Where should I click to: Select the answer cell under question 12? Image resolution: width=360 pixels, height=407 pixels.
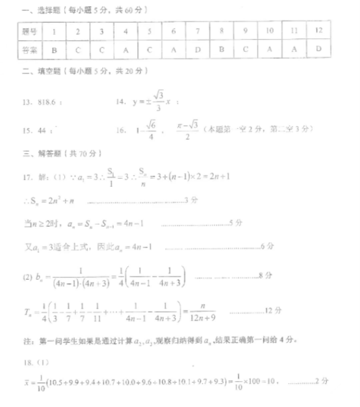click(x=318, y=49)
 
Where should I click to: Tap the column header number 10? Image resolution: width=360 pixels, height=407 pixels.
click(x=269, y=31)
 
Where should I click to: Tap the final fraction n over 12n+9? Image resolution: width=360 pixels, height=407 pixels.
click(x=205, y=310)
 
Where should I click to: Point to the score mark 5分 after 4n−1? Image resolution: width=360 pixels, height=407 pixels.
click(x=236, y=223)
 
